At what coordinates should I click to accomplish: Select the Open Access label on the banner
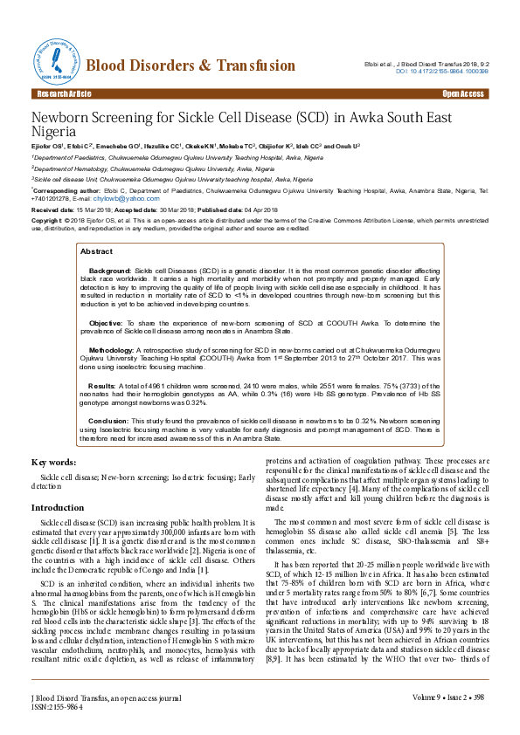pos(463,93)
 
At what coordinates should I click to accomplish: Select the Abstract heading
pos(96,251)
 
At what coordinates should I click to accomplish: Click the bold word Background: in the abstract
pos(110,272)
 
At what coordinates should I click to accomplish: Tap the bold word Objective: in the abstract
pos(107,321)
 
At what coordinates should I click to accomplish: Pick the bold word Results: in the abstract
pos(102,384)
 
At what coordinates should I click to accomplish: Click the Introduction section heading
pos(58,507)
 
